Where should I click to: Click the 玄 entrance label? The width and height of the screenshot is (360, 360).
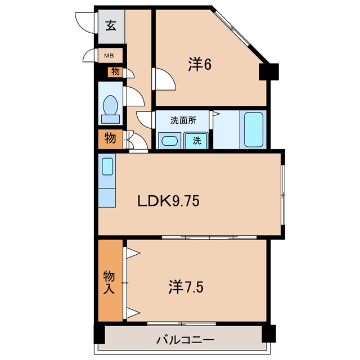tap(111, 25)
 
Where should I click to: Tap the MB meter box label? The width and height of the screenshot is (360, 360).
tap(109, 56)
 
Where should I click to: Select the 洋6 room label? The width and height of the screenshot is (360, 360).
tap(200, 64)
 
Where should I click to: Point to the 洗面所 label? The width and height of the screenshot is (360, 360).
tap(183, 120)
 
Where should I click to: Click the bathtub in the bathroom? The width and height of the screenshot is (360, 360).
tap(254, 129)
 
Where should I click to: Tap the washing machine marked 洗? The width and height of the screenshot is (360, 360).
tap(196, 140)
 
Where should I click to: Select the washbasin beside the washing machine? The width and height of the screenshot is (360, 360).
tap(169, 141)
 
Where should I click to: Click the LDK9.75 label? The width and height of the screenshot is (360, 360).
tap(168, 201)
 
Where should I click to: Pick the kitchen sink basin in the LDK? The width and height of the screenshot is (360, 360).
tap(107, 166)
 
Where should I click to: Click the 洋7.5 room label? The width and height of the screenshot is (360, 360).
tap(186, 286)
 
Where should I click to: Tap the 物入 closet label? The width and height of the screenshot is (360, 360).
tap(109, 282)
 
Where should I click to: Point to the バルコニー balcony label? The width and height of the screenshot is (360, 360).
tap(185, 340)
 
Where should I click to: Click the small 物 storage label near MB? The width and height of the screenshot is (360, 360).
tap(115, 71)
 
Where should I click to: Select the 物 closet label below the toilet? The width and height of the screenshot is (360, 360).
tap(110, 138)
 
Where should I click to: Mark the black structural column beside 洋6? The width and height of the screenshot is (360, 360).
tap(269, 71)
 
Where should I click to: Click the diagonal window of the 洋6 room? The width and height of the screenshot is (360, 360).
tap(232, 29)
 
